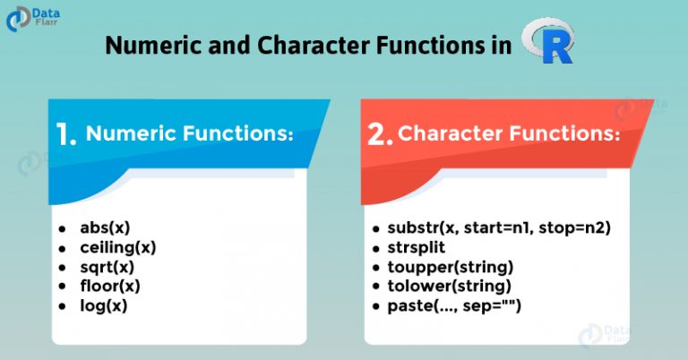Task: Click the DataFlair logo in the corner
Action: pos(33,19)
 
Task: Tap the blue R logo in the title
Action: pos(548,41)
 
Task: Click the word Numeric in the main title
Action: pos(154,45)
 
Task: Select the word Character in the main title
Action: pos(314,45)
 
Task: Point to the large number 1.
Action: pos(65,133)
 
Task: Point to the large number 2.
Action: pos(380,133)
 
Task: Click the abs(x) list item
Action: pos(105,228)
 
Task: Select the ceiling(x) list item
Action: pos(118,248)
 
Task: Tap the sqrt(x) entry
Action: pos(107,267)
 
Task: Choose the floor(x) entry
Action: pos(110,287)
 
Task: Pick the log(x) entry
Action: pos(104,306)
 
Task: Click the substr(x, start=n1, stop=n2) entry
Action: pos(499,228)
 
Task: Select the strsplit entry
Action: pos(416,247)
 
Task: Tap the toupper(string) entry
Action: pos(451,267)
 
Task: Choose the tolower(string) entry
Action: pos(450,287)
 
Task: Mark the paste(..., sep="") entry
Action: pos(454,306)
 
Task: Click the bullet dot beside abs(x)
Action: pos(62,229)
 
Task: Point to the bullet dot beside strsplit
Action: pos(375,249)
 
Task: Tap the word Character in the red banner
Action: pos(451,133)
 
